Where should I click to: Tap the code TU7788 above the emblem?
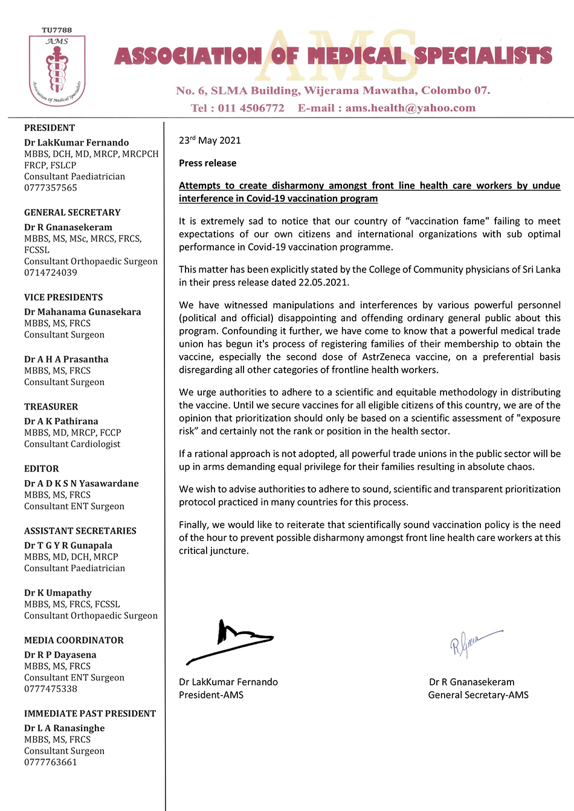tap(57, 30)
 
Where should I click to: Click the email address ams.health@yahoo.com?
tap(410, 108)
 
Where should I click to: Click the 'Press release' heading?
tap(207, 163)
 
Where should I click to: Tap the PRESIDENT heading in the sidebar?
tap(50, 128)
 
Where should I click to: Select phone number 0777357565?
tap(51, 188)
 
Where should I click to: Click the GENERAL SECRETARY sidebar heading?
tap(73, 213)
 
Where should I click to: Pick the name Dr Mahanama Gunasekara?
tap(82, 312)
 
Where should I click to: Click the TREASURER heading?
tap(51, 407)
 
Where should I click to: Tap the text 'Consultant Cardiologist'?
tap(72, 444)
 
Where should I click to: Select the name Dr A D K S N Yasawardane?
tap(82, 484)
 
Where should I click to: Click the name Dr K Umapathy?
tap(58, 593)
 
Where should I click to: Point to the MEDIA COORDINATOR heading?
tap(74, 640)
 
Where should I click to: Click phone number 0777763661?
tap(51, 762)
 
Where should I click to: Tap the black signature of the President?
tap(230, 641)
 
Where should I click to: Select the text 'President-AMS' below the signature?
tap(211, 695)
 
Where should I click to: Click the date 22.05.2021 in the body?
tap(323, 282)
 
